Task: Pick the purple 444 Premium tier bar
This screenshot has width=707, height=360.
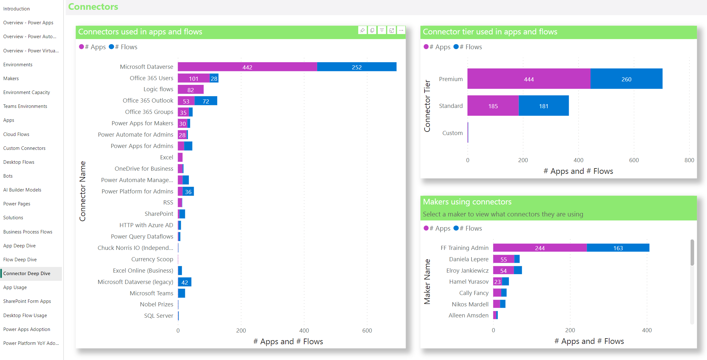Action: tap(529, 79)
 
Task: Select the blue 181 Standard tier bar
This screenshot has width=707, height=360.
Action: tap(544, 106)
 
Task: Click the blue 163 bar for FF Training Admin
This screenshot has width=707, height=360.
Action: tap(618, 248)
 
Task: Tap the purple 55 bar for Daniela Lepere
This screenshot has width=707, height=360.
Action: tap(503, 259)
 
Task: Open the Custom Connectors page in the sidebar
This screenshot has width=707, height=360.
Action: tap(24, 148)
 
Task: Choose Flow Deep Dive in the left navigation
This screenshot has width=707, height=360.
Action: tap(20, 260)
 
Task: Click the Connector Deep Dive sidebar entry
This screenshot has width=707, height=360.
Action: tap(27, 274)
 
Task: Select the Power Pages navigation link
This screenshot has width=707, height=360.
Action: tap(17, 204)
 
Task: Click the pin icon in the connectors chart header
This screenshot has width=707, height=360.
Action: tap(362, 30)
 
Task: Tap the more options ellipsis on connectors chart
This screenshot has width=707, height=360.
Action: tap(401, 30)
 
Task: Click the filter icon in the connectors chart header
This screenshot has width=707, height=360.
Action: tap(382, 30)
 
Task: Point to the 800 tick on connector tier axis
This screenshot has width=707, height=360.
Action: tap(689, 160)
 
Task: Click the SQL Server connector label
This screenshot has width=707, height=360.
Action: tap(158, 316)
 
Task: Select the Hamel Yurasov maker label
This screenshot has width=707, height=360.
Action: tap(469, 282)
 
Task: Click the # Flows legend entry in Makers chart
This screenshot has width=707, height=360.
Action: tap(468, 228)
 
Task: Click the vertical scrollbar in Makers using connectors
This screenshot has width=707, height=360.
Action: tap(692, 252)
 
